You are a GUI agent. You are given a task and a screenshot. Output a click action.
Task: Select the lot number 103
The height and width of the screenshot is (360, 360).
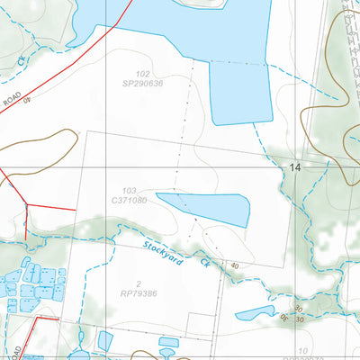(130, 191)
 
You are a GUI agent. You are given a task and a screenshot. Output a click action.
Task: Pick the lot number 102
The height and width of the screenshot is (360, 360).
(142, 74)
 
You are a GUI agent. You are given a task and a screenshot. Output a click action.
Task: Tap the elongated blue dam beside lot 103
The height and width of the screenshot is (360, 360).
(205, 209)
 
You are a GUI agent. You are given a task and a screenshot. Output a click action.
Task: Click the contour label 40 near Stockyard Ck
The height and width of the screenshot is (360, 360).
(234, 265)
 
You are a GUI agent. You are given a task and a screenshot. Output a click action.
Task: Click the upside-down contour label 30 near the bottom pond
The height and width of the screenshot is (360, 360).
(280, 317)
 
